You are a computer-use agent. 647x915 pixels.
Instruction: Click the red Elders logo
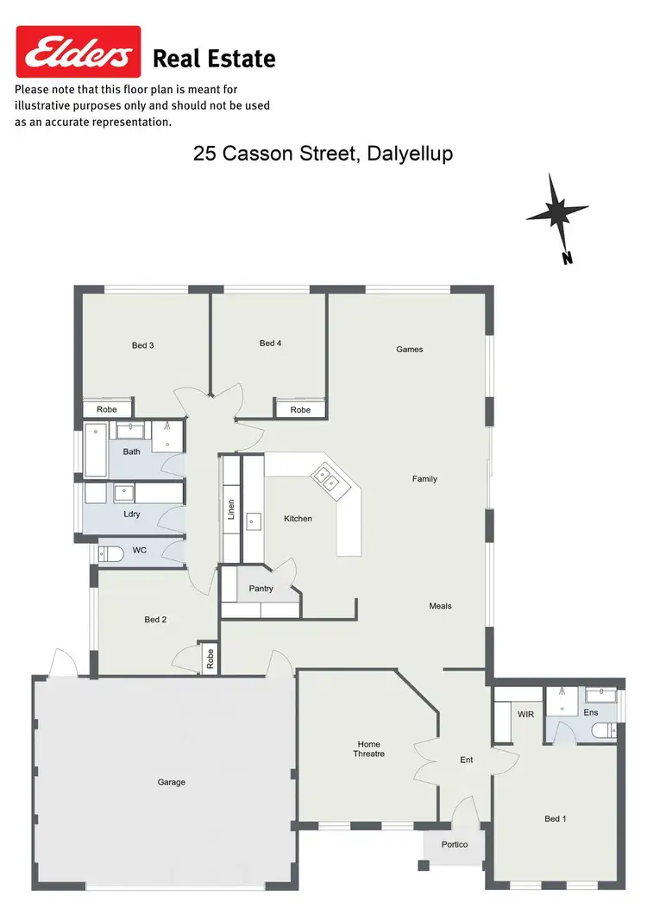[79, 53]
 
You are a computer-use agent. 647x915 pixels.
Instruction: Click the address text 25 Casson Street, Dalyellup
[323, 154]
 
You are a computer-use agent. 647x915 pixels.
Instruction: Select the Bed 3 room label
[143, 345]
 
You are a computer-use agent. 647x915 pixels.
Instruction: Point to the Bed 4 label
[271, 343]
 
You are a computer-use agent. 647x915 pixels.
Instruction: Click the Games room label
[410, 349]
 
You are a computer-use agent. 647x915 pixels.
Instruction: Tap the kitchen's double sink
[327, 477]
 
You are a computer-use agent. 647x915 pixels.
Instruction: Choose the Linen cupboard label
[231, 509]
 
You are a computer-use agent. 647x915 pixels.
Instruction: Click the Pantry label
[261, 589]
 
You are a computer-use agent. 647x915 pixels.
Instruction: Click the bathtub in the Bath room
[95, 451]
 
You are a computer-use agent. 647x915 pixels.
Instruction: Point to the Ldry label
[132, 514]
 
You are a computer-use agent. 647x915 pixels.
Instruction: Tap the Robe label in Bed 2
[209, 660]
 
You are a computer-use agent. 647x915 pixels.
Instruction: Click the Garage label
[172, 782]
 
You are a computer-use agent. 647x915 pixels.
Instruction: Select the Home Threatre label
[369, 748]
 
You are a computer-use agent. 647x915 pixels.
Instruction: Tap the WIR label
[525, 715]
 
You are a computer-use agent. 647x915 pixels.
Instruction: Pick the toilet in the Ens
[604, 731]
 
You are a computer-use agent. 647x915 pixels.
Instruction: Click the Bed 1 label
[555, 818]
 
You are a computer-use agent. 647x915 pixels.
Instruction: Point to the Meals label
[441, 606]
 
